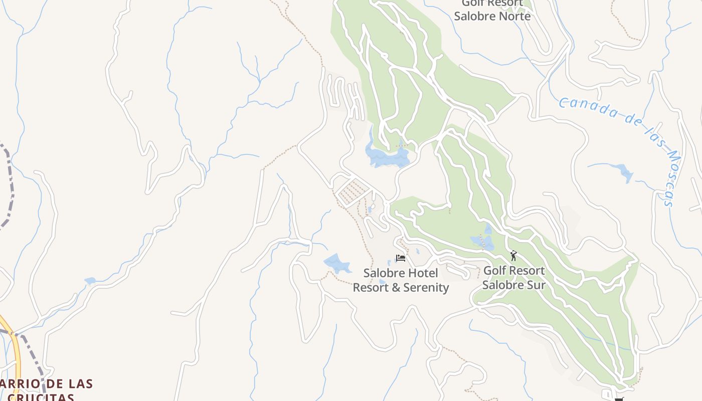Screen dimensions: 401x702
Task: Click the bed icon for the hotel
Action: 400,258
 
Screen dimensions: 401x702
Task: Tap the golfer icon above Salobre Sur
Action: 513,256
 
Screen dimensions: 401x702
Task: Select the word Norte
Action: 512,16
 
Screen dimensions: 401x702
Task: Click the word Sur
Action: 535,285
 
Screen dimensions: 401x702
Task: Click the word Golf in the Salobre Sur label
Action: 494,271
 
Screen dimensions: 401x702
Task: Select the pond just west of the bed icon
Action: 336,263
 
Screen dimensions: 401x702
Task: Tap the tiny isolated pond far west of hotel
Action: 90,281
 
